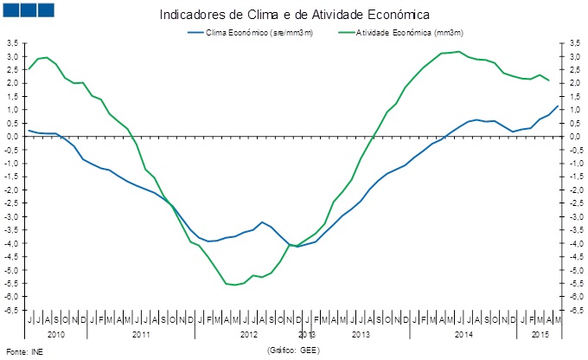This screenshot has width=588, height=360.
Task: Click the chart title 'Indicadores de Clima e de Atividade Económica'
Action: tap(295, 15)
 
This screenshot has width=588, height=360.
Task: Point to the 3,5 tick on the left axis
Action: tap(11, 42)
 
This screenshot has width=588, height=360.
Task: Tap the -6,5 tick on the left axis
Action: tap(11, 310)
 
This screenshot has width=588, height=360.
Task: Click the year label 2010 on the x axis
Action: tap(56, 333)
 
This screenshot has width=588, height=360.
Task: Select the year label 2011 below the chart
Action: tap(142, 333)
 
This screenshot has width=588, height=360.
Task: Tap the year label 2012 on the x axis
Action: tap(249, 333)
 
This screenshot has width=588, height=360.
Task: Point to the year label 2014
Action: tap(463, 333)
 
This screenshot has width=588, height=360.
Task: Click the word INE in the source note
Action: tap(35, 352)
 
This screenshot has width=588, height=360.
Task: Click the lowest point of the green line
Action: tap(234, 285)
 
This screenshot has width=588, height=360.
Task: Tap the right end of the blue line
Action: tap(558, 106)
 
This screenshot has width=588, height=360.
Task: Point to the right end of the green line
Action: tap(549, 80)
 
